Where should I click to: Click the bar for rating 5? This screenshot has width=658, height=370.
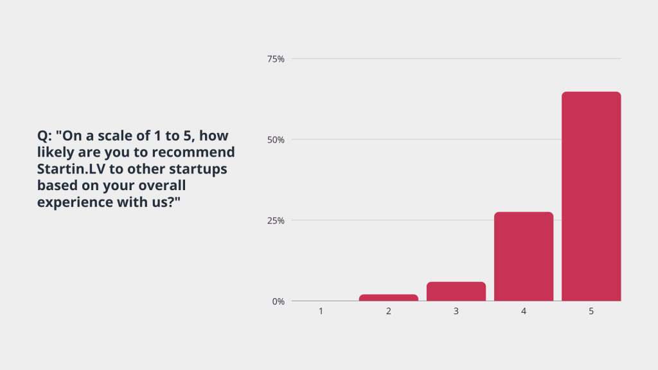591,197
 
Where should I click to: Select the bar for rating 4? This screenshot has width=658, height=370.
524,256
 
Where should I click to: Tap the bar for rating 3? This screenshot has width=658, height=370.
456,292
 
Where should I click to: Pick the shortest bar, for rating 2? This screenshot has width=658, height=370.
389,298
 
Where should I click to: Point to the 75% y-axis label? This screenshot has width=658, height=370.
276,59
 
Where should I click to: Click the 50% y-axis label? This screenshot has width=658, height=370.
276,139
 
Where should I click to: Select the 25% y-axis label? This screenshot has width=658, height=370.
276,221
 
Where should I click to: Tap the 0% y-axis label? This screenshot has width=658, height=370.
278,302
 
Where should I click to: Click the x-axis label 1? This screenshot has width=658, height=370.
321,312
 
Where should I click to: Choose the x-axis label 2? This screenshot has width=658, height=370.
389,312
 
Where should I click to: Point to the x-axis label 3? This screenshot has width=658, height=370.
456,312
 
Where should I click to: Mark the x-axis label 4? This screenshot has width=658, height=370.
524,312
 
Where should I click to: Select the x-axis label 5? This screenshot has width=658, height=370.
591,312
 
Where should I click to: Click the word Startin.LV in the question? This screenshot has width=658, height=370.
71,169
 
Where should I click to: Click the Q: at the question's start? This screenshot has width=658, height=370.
44,136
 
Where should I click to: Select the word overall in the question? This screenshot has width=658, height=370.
162,185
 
